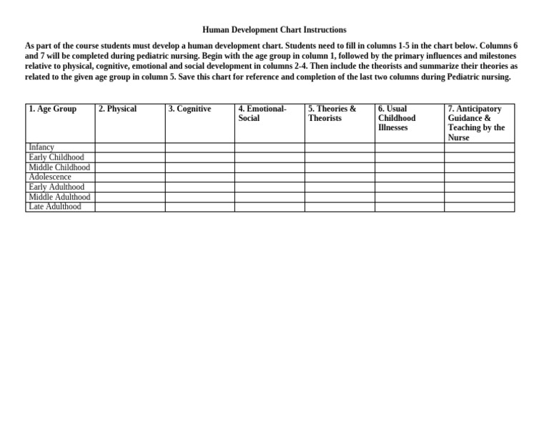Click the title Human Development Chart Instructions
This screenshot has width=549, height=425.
coord(274,30)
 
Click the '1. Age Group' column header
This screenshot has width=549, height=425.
coord(52,109)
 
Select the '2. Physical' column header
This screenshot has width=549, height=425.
coord(117,109)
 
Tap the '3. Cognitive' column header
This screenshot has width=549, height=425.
coord(189,109)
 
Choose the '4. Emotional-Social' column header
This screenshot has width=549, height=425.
coord(262,114)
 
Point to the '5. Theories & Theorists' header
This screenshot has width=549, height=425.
coord(332,114)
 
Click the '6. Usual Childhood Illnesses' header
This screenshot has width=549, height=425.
coord(397,118)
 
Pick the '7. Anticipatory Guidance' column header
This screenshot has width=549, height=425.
coord(475,123)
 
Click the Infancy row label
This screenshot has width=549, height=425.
coord(41,147)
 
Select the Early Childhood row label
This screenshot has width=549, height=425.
coord(56,157)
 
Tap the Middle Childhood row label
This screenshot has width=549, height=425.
coord(59,167)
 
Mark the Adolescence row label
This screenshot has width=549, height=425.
coord(50,177)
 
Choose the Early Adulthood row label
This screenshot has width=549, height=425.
coord(56,187)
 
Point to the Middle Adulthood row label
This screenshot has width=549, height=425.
coord(59,197)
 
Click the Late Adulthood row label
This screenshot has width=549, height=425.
coord(55,207)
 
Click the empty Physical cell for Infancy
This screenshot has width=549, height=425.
coord(130,147)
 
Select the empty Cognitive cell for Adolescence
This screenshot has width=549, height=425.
coord(200,177)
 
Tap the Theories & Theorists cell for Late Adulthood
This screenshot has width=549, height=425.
coord(340,207)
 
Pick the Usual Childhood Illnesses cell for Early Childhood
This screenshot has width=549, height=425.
coord(410,157)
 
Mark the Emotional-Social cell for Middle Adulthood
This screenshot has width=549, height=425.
coord(269,197)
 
